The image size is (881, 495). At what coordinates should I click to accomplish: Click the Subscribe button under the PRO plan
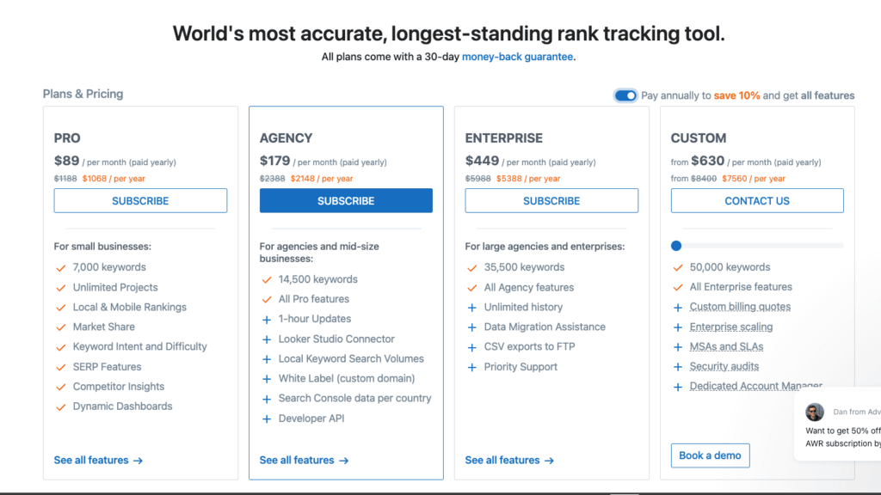coord(140,201)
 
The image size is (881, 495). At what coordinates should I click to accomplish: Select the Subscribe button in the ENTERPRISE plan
coord(551,201)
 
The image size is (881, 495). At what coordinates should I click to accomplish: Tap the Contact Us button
coord(757,201)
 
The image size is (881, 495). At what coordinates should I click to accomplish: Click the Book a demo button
coord(710,455)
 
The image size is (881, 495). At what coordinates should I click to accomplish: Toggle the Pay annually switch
coord(625,95)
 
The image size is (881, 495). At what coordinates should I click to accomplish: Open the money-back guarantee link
coord(517,57)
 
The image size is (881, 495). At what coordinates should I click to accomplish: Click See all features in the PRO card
coord(98,460)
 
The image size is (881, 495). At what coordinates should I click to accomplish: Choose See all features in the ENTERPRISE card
coord(509,460)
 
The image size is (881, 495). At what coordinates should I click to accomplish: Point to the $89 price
coord(66,161)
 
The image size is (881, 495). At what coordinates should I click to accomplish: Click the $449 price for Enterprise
coord(482,161)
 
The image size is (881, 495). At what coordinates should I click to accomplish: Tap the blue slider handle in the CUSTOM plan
coord(676,246)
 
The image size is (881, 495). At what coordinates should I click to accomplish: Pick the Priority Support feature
coord(521,367)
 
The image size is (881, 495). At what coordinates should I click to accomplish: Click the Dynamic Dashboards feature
coord(122,406)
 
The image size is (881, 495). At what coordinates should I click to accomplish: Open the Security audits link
coord(724,367)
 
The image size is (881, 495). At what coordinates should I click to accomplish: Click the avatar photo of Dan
coord(815,412)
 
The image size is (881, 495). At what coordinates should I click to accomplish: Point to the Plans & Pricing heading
coord(83,94)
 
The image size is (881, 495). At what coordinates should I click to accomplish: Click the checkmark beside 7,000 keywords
coord(60,267)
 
